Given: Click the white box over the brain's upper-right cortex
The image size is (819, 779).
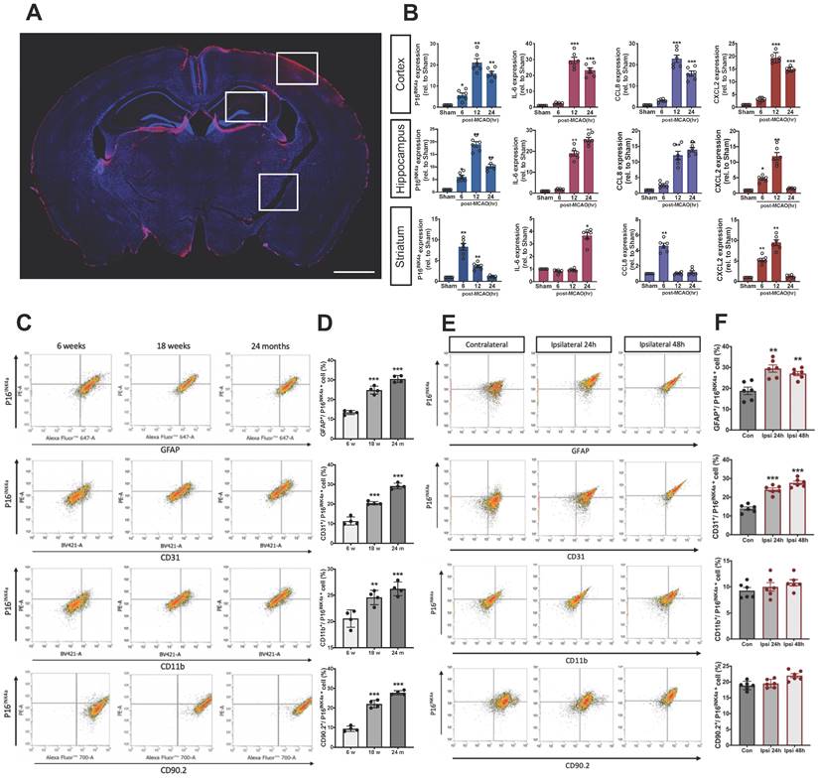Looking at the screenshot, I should (x=297, y=68).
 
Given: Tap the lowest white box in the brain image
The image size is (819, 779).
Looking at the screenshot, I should (x=278, y=191).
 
